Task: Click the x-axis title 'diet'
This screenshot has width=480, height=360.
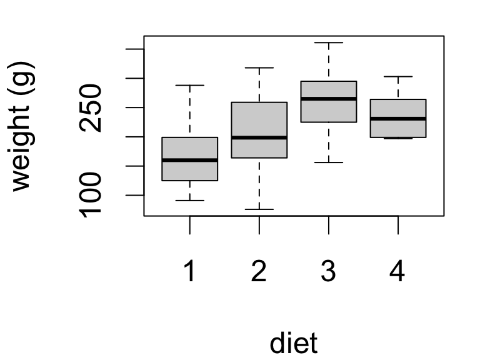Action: click(x=293, y=343)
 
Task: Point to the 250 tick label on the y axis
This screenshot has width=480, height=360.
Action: click(x=92, y=107)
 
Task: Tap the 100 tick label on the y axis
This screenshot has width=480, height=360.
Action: click(x=92, y=196)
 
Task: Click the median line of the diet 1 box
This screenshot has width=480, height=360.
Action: click(x=189, y=160)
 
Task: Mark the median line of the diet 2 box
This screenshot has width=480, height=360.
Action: click(x=259, y=137)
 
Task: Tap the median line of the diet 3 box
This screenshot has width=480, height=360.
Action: click(x=328, y=99)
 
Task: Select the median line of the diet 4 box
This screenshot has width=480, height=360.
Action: click(x=397, y=118)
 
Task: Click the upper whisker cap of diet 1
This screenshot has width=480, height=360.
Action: click(x=189, y=85)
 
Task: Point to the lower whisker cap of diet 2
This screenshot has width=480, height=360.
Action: click(x=259, y=209)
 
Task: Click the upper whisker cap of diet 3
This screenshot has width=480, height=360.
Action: click(x=328, y=42)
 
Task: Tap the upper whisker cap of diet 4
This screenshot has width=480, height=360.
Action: click(x=397, y=76)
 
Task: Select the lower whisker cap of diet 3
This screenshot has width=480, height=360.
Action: click(x=328, y=162)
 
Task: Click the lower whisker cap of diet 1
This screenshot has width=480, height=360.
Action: click(x=189, y=201)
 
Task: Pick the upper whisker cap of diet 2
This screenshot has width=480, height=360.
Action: click(x=259, y=67)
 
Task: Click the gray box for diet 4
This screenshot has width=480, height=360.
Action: click(x=397, y=109)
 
